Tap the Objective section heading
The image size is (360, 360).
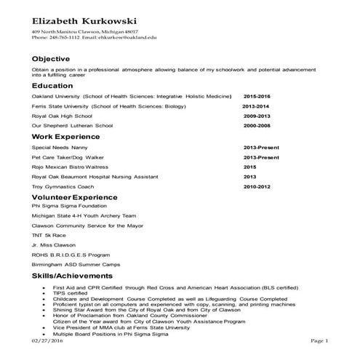coord(52,58)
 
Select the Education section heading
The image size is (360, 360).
coord(52,86)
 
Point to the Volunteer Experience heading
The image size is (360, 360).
coord(75,196)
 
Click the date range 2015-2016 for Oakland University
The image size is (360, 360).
coord(257,96)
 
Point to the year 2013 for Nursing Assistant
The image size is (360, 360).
coord(249,177)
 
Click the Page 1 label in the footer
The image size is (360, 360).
coord(320,340)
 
